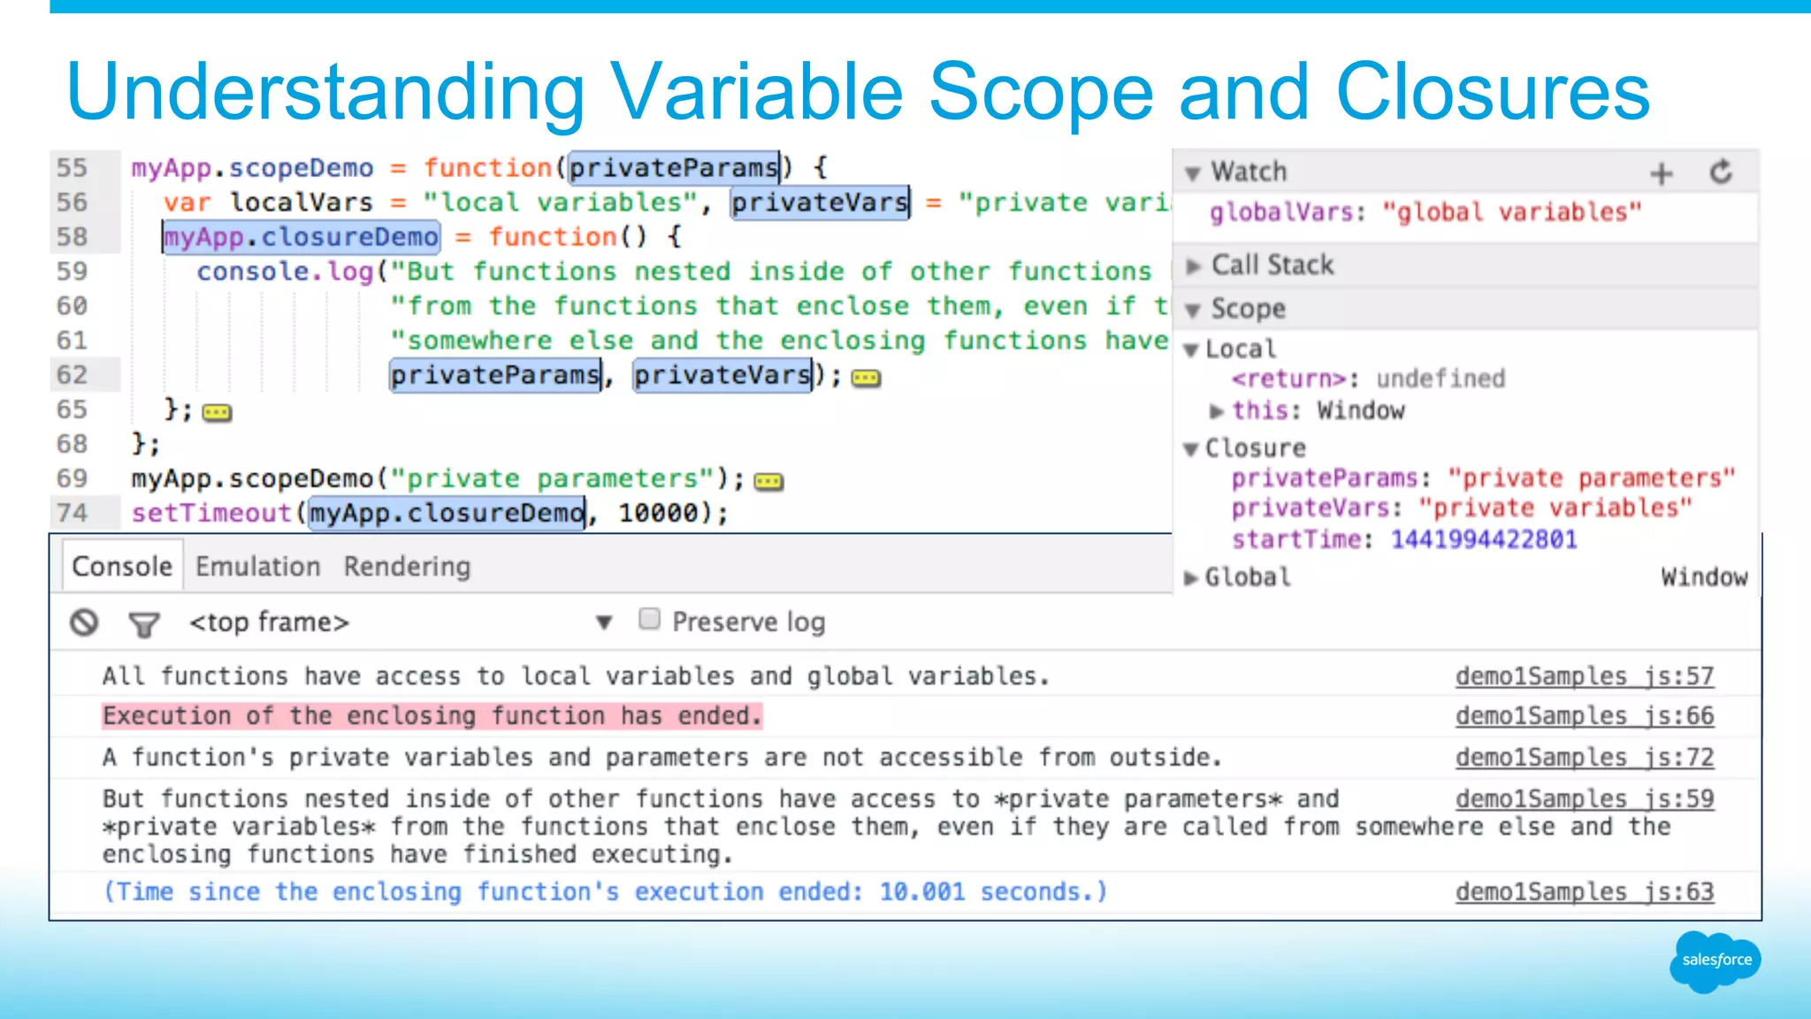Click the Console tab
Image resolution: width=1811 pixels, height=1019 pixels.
[122, 566]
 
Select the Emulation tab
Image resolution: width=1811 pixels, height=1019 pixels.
[257, 566]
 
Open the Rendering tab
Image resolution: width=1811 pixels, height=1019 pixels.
[407, 566]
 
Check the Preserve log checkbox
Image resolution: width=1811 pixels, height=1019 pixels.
[649, 619]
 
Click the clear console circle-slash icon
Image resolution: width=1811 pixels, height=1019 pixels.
[84, 623]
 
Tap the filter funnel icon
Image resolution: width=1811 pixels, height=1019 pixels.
[143, 624]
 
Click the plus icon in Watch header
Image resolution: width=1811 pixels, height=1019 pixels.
[1662, 172]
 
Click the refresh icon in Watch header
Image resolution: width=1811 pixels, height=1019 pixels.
[1721, 172]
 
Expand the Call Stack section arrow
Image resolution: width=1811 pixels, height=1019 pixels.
[1194, 265]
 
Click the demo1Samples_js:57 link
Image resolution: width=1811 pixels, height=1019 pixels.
[1584, 676]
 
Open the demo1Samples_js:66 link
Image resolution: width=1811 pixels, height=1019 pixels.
[1584, 716]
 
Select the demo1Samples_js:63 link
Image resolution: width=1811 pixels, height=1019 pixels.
[1584, 892]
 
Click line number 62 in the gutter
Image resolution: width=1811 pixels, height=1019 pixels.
[73, 375]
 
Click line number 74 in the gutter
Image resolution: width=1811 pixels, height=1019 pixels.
[73, 513]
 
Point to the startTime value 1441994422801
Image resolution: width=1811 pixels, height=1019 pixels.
[1484, 540]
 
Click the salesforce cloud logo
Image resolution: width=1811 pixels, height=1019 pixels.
[1715, 961]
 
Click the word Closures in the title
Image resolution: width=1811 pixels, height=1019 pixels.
[1493, 92]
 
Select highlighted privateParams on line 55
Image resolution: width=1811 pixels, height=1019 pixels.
[674, 168]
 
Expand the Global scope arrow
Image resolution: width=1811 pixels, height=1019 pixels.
[1191, 578]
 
